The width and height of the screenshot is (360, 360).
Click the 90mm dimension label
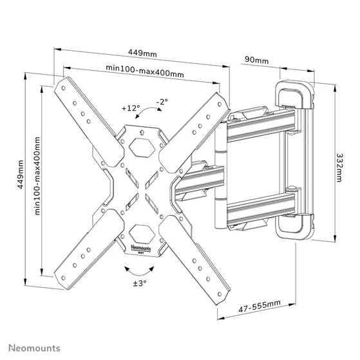pyautogui.click(x=256, y=60)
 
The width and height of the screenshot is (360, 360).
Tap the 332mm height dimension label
pyautogui.click(x=339, y=167)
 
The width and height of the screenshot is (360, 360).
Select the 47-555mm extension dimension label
pyautogui.click(x=259, y=307)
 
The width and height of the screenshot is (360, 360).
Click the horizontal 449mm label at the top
pyautogui.click(x=142, y=53)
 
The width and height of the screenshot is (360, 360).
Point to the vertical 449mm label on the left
pyautogui.click(x=21, y=175)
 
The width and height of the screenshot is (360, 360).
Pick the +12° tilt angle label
pyautogui.click(x=131, y=108)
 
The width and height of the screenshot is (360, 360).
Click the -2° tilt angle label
pyautogui.click(x=162, y=102)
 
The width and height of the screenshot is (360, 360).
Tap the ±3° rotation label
pyautogui.click(x=140, y=283)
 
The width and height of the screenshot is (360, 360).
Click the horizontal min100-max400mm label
pyautogui.click(x=145, y=71)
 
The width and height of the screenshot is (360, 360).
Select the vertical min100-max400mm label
pyautogui.click(x=37, y=176)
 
